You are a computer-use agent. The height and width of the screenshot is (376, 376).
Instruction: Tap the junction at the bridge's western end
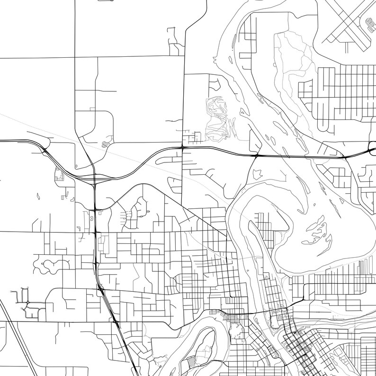tap(256, 155)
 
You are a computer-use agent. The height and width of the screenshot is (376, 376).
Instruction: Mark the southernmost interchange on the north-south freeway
tap(116, 322)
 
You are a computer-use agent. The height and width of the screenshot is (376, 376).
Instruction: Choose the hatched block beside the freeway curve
tap(60, 175)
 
